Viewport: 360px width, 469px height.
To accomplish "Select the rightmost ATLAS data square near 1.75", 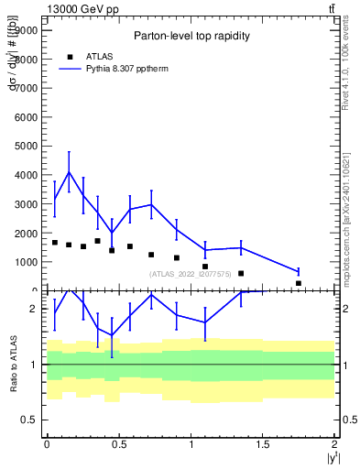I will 299,283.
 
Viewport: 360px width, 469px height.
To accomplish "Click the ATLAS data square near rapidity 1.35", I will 241,273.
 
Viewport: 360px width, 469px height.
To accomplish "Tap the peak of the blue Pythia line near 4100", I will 69,172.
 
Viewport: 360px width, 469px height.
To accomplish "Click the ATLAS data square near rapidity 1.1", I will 205,267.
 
